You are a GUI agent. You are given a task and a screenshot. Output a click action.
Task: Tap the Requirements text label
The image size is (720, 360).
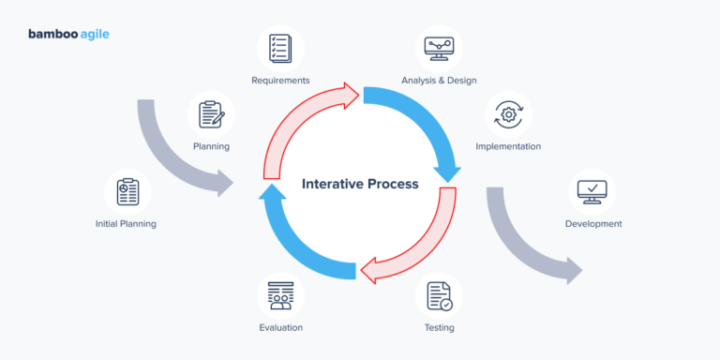tap(280, 81)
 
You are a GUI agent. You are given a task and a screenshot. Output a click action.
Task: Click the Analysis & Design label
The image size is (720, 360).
tap(439, 81)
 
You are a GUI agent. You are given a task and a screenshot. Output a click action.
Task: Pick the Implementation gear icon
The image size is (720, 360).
tap(508, 114)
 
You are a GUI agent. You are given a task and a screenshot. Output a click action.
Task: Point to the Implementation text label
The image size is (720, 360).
tap(508, 147)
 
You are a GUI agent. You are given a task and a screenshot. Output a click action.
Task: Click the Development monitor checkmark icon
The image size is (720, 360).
tap(592, 191)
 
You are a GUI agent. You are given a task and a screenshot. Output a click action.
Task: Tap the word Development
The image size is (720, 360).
tap(592, 224)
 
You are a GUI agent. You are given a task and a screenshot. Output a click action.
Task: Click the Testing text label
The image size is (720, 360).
tap(439, 328)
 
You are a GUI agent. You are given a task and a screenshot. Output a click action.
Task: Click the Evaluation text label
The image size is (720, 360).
tap(280, 328)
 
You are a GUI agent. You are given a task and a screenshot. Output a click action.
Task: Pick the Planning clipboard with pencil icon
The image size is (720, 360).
tap(211, 114)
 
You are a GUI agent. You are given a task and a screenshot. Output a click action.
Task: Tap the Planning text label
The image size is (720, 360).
tap(211, 147)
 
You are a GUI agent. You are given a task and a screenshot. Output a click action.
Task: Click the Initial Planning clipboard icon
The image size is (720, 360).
tap(127, 191)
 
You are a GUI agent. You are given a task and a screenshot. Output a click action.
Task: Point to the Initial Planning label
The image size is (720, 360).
tap(126, 224)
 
